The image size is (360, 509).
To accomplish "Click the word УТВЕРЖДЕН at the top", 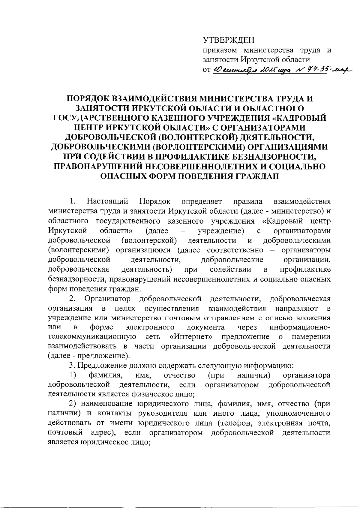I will pos(228,40).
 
